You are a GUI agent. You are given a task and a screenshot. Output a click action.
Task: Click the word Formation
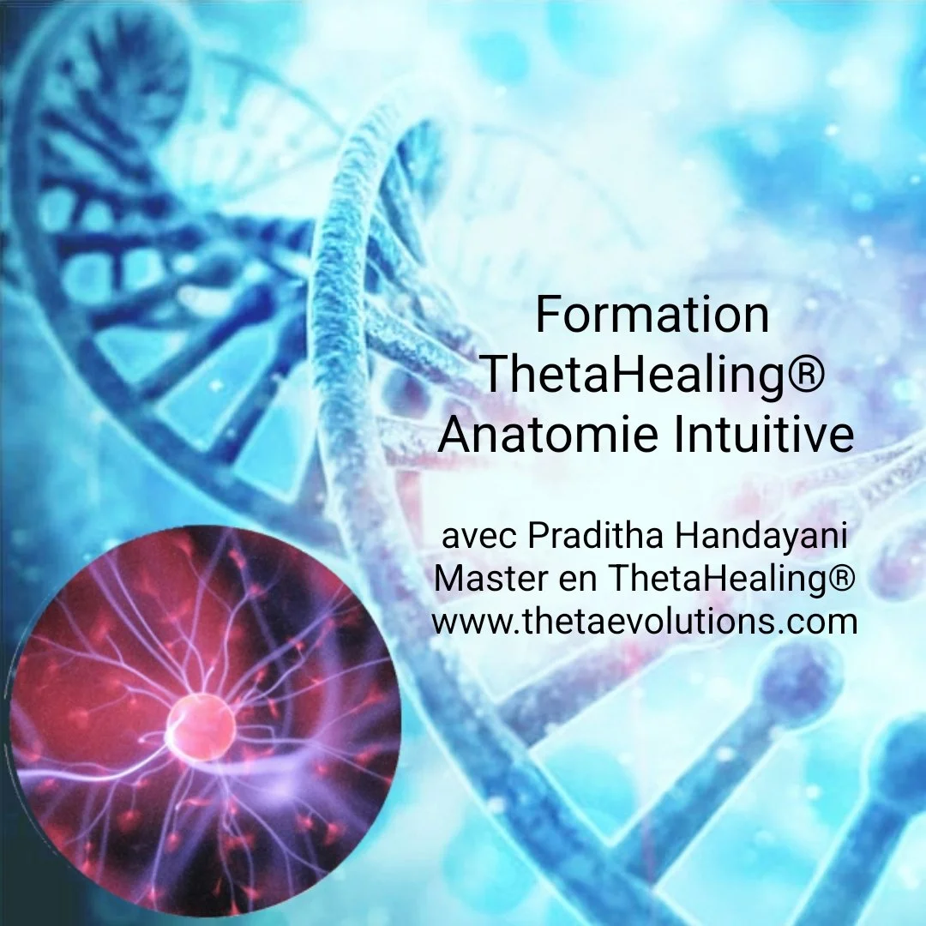(x=652, y=315)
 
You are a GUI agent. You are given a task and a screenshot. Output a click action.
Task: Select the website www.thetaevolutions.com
(x=645, y=621)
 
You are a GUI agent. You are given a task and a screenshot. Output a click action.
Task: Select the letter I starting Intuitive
(x=677, y=435)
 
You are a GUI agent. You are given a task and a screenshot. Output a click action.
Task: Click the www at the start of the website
(x=472, y=622)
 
